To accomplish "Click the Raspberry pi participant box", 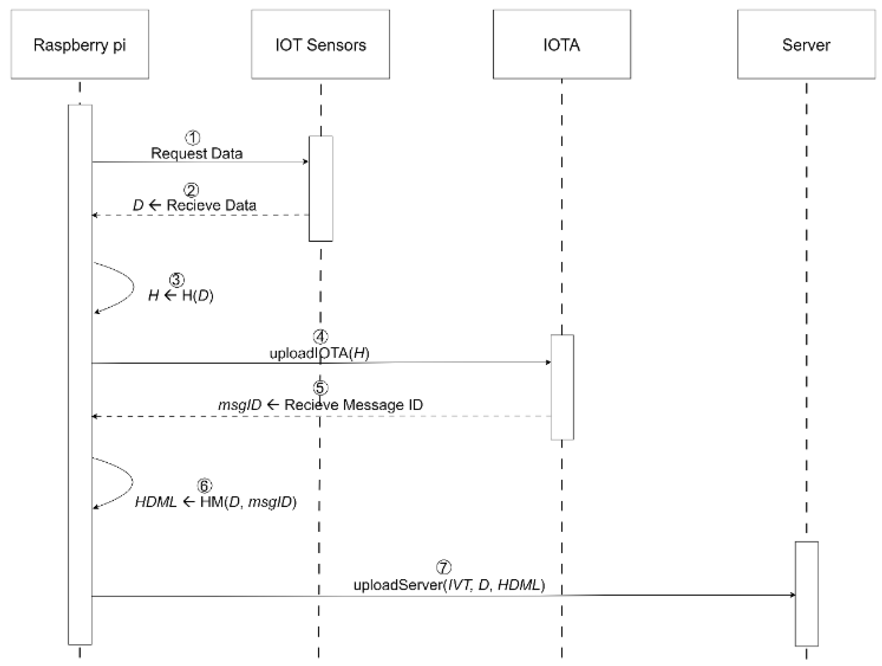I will pyautogui.click(x=80, y=44).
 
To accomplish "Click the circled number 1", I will pyautogui.click(x=193, y=138).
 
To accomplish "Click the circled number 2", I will pyautogui.click(x=191, y=190).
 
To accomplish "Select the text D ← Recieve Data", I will pyautogui.click(x=194, y=205).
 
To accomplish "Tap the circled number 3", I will pyautogui.click(x=177, y=280).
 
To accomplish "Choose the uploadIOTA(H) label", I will pyautogui.click(x=319, y=353).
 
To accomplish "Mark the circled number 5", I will pyautogui.click(x=320, y=388).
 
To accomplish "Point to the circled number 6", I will pyautogui.click(x=205, y=486).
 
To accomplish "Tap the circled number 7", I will pyautogui.click(x=443, y=567).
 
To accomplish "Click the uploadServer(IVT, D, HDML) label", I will pyautogui.click(x=449, y=585).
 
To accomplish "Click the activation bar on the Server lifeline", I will pyautogui.click(x=806, y=593).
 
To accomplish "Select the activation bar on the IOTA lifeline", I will pyautogui.click(x=562, y=387).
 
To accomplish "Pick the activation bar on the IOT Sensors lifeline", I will pyautogui.click(x=321, y=188).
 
